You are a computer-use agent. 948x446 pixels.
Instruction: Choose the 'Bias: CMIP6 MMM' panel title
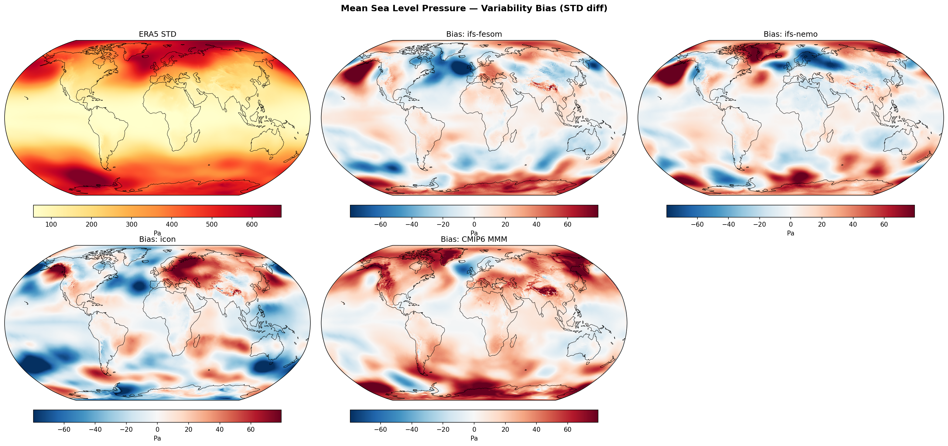[x=474, y=239]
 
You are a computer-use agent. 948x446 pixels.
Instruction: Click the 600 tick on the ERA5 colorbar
[x=252, y=224]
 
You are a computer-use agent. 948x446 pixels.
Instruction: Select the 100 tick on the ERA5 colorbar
[x=51, y=224]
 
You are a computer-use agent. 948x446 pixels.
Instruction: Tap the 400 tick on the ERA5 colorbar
[x=172, y=224]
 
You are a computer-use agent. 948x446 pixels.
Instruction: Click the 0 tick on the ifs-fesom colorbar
[x=474, y=224]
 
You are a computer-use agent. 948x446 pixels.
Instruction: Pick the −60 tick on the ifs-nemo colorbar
[x=697, y=224]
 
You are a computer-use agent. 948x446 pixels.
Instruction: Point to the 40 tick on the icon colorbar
[x=220, y=429]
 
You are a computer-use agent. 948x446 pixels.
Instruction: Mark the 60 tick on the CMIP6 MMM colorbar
[x=567, y=429]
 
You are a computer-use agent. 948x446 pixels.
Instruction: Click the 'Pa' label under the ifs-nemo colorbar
[x=790, y=233]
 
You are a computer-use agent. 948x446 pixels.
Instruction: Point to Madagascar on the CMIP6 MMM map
[x=514, y=340]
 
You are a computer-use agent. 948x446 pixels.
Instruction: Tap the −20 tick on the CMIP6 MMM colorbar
[x=443, y=429]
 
